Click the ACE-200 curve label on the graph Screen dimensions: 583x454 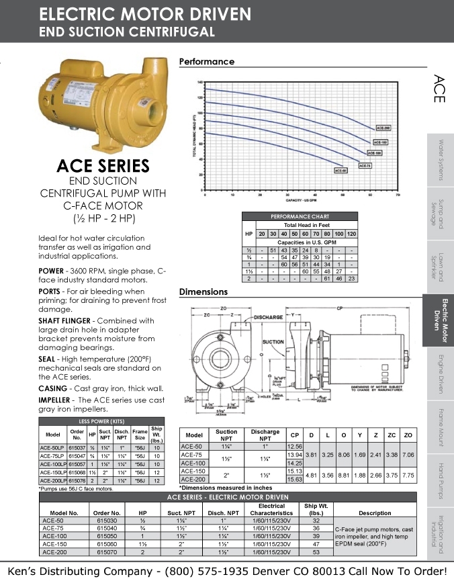(383, 127)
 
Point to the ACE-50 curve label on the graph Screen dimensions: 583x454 (341, 171)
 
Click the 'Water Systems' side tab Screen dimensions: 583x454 (441, 160)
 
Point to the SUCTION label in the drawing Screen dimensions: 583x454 (273, 342)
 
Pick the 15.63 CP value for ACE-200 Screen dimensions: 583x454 (293, 479)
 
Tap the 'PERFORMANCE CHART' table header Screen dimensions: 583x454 (300, 216)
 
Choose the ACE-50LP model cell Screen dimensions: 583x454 (52, 447)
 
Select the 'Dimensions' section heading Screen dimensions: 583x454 (203, 292)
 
